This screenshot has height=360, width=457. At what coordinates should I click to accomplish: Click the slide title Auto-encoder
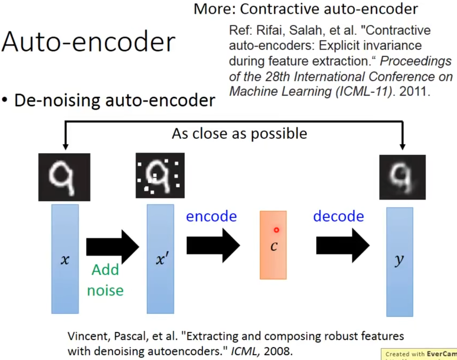pos(88,42)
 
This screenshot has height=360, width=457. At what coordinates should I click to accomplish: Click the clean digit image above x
pos(64,177)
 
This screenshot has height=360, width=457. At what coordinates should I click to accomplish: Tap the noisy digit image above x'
pos(160,176)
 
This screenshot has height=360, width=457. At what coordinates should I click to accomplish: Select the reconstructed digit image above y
pos(402,177)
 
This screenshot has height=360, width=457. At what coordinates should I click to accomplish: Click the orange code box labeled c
pos(273,245)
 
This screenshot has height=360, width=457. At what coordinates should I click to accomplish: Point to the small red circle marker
pos(276,230)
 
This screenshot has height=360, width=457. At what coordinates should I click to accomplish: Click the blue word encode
pos(211,216)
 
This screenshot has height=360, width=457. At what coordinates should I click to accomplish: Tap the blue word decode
pos(338,216)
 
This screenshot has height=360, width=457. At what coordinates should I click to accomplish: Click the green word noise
pos(105,290)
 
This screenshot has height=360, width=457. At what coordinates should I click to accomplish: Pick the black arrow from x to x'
pos(112,247)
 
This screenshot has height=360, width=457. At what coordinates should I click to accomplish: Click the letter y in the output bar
pos(399,260)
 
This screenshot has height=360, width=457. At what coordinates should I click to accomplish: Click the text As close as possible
pos(239,134)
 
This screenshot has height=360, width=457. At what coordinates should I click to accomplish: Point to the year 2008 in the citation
pos(278,351)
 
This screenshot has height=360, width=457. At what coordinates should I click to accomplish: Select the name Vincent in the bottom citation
pos(89,336)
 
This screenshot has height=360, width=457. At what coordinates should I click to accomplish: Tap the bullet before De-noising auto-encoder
pos(5,100)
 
